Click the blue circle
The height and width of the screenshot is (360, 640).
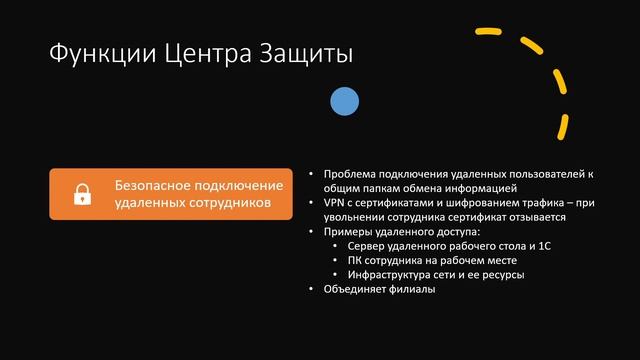[x=344, y=100]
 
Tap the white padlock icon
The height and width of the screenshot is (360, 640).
[x=82, y=194]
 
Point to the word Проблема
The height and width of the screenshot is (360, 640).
[x=349, y=173]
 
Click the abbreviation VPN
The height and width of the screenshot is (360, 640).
[x=334, y=202]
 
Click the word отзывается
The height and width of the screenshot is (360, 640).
[x=539, y=216]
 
